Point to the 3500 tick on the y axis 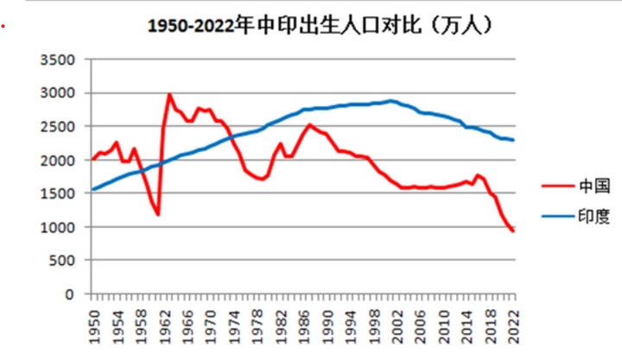(60, 60)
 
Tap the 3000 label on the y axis (60, 93)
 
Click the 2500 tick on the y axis (60, 127)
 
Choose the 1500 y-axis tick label (60, 193)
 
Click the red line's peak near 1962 (169, 94)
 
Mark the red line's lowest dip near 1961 (158, 214)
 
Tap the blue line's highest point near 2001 (391, 101)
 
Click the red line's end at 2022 (513, 231)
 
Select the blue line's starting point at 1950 (93, 189)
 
